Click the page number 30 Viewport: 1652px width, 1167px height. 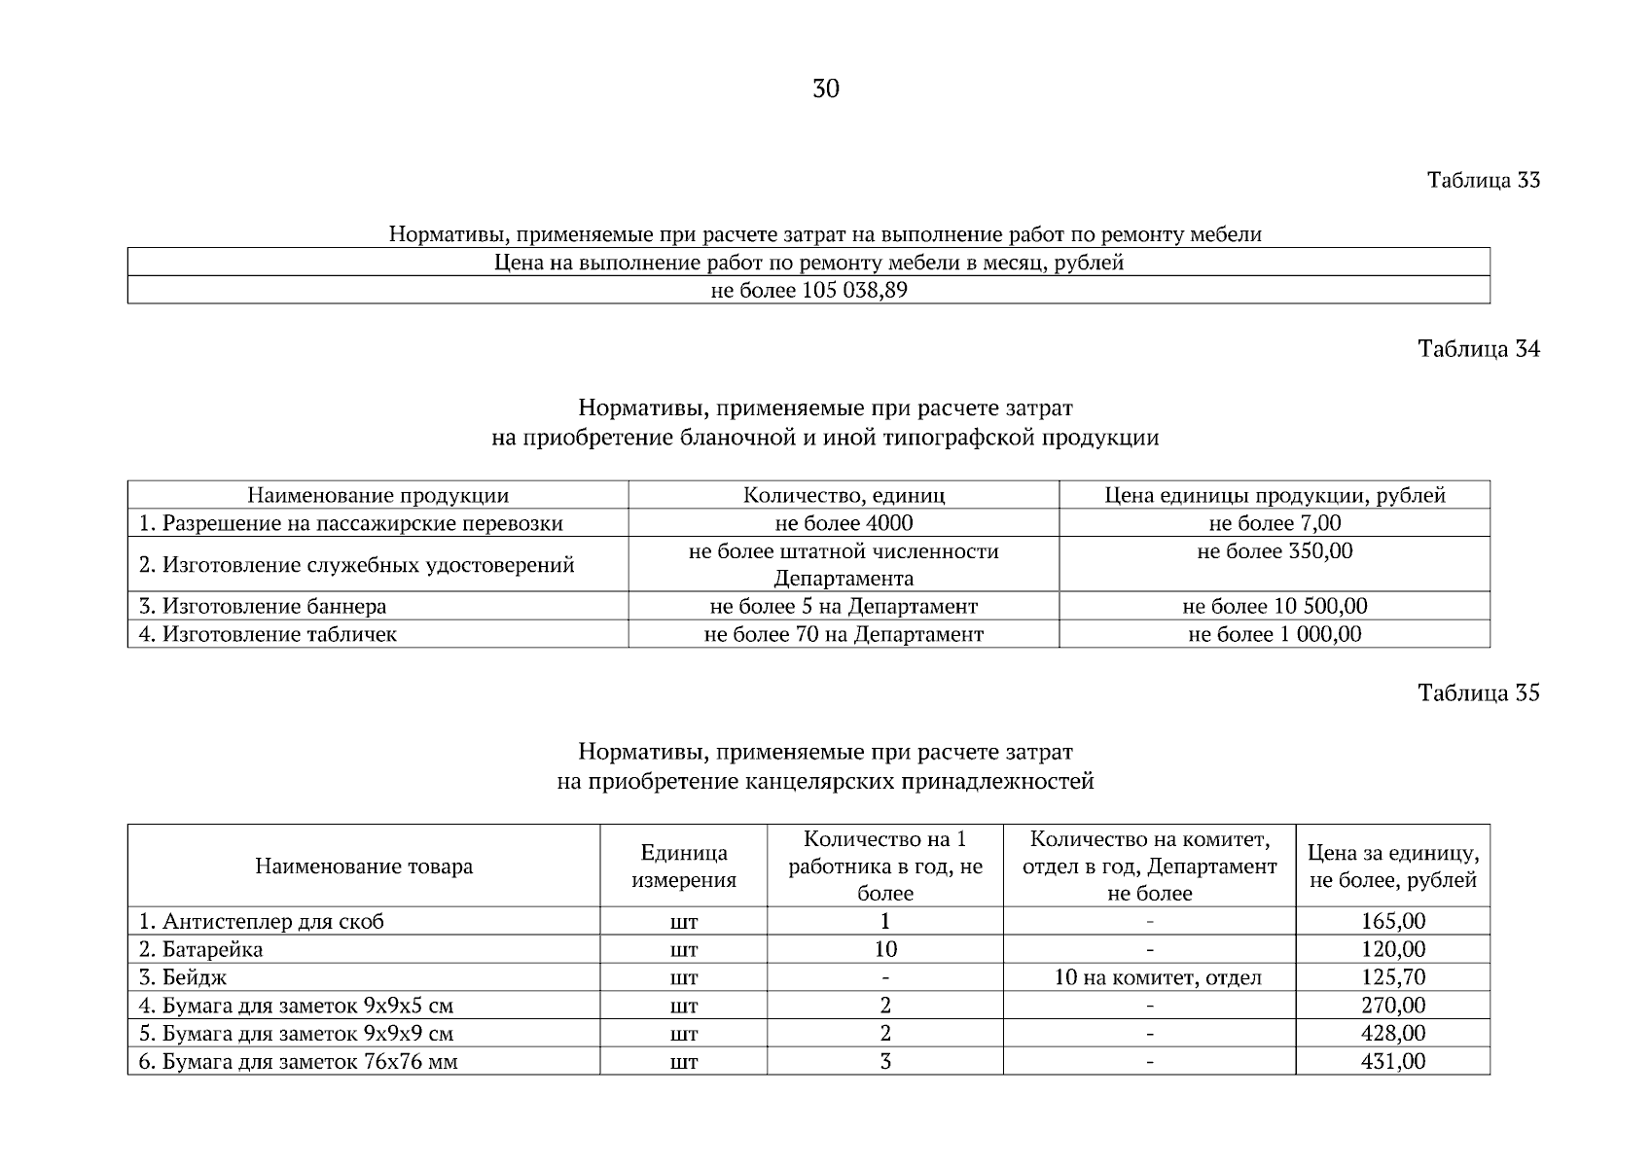point(825,89)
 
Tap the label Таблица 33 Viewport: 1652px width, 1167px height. point(1483,181)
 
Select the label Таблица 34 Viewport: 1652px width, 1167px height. point(1479,349)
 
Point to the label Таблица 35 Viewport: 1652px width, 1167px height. point(1479,693)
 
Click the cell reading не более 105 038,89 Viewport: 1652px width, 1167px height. point(808,291)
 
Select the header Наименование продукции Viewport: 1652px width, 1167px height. point(377,496)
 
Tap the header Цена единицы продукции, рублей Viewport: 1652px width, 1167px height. point(1275,496)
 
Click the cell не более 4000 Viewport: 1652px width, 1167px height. point(844,523)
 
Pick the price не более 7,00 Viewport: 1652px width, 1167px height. point(1275,523)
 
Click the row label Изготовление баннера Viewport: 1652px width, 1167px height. point(263,607)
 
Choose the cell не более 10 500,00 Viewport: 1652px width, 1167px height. point(1275,607)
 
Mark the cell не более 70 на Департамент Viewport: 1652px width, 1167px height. point(844,635)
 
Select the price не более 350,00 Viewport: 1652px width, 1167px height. point(1275,551)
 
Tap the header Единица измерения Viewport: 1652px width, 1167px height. point(684,866)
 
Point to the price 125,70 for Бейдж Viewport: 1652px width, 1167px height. point(1392,977)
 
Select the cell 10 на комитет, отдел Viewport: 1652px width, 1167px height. point(1158,977)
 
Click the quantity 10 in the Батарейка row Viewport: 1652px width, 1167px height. point(885,949)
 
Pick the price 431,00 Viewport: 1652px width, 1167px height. point(1392,1061)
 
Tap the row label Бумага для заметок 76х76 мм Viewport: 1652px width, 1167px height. point(298,1062)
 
